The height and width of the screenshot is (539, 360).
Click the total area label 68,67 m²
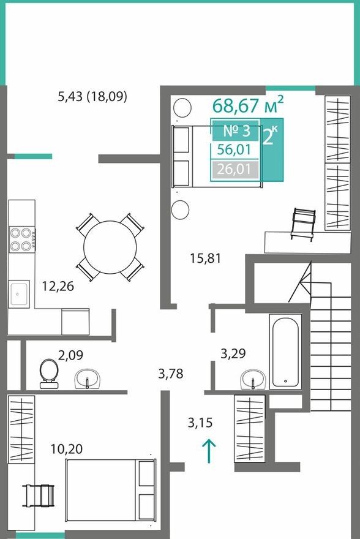coord(248,105)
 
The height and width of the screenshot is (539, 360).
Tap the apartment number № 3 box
coord(235,130)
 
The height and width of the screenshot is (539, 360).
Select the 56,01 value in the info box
coord(235,150)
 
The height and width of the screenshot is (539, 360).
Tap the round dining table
coord(110,247)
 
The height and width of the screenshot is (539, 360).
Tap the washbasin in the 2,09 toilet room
coord(88,380)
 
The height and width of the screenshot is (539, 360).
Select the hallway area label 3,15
coord(202,422)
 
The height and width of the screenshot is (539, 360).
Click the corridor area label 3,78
coord(171,373)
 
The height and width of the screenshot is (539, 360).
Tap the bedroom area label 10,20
coord(67,448)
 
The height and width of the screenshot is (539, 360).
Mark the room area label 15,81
coord(205,258)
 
